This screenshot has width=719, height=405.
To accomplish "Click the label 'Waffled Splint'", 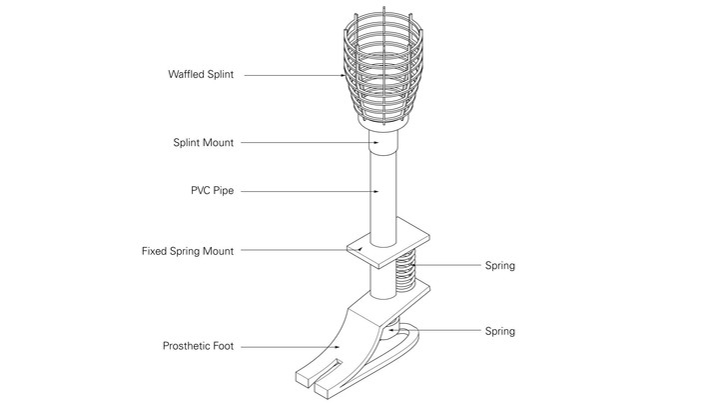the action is point(201,74).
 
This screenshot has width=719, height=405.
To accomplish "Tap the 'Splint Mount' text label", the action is point(203,143).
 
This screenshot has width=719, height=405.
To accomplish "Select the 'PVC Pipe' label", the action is point(213,191).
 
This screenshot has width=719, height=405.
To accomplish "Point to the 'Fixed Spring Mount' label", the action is point(188,251).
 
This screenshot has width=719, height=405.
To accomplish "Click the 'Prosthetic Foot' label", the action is point(198,346).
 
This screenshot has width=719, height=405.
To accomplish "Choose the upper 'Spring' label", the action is point(500,266).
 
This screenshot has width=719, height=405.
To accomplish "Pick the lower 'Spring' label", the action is point(500,332).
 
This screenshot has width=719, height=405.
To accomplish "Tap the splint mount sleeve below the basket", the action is point(383,142).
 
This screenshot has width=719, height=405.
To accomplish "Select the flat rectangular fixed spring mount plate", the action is point(388,242).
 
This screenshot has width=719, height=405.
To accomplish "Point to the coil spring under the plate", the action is point(405,274).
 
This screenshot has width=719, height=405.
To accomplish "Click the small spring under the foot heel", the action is point(393,327).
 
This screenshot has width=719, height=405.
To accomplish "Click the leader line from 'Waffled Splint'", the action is point(295,75).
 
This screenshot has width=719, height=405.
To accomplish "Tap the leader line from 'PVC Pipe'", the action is point(310,191).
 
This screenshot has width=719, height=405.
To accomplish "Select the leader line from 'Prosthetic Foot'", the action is point(291,347).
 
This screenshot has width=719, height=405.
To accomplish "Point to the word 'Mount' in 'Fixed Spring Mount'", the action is point(219,251).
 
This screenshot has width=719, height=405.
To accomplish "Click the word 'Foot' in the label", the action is point(224,346).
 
